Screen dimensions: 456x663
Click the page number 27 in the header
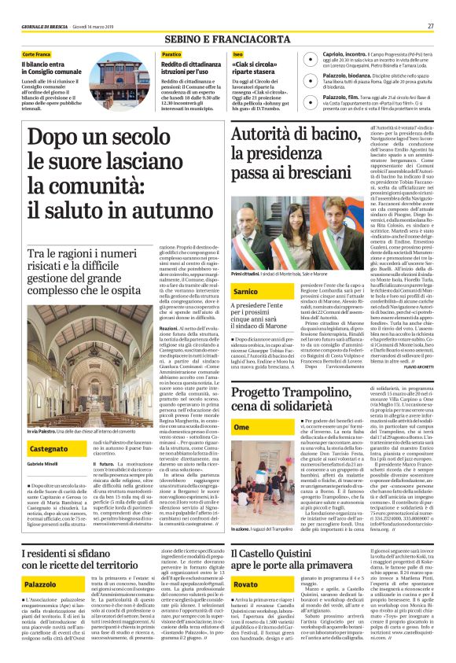431,26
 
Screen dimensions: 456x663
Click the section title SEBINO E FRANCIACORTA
228,39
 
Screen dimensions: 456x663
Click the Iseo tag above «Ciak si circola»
237,53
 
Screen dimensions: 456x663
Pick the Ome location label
241,425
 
